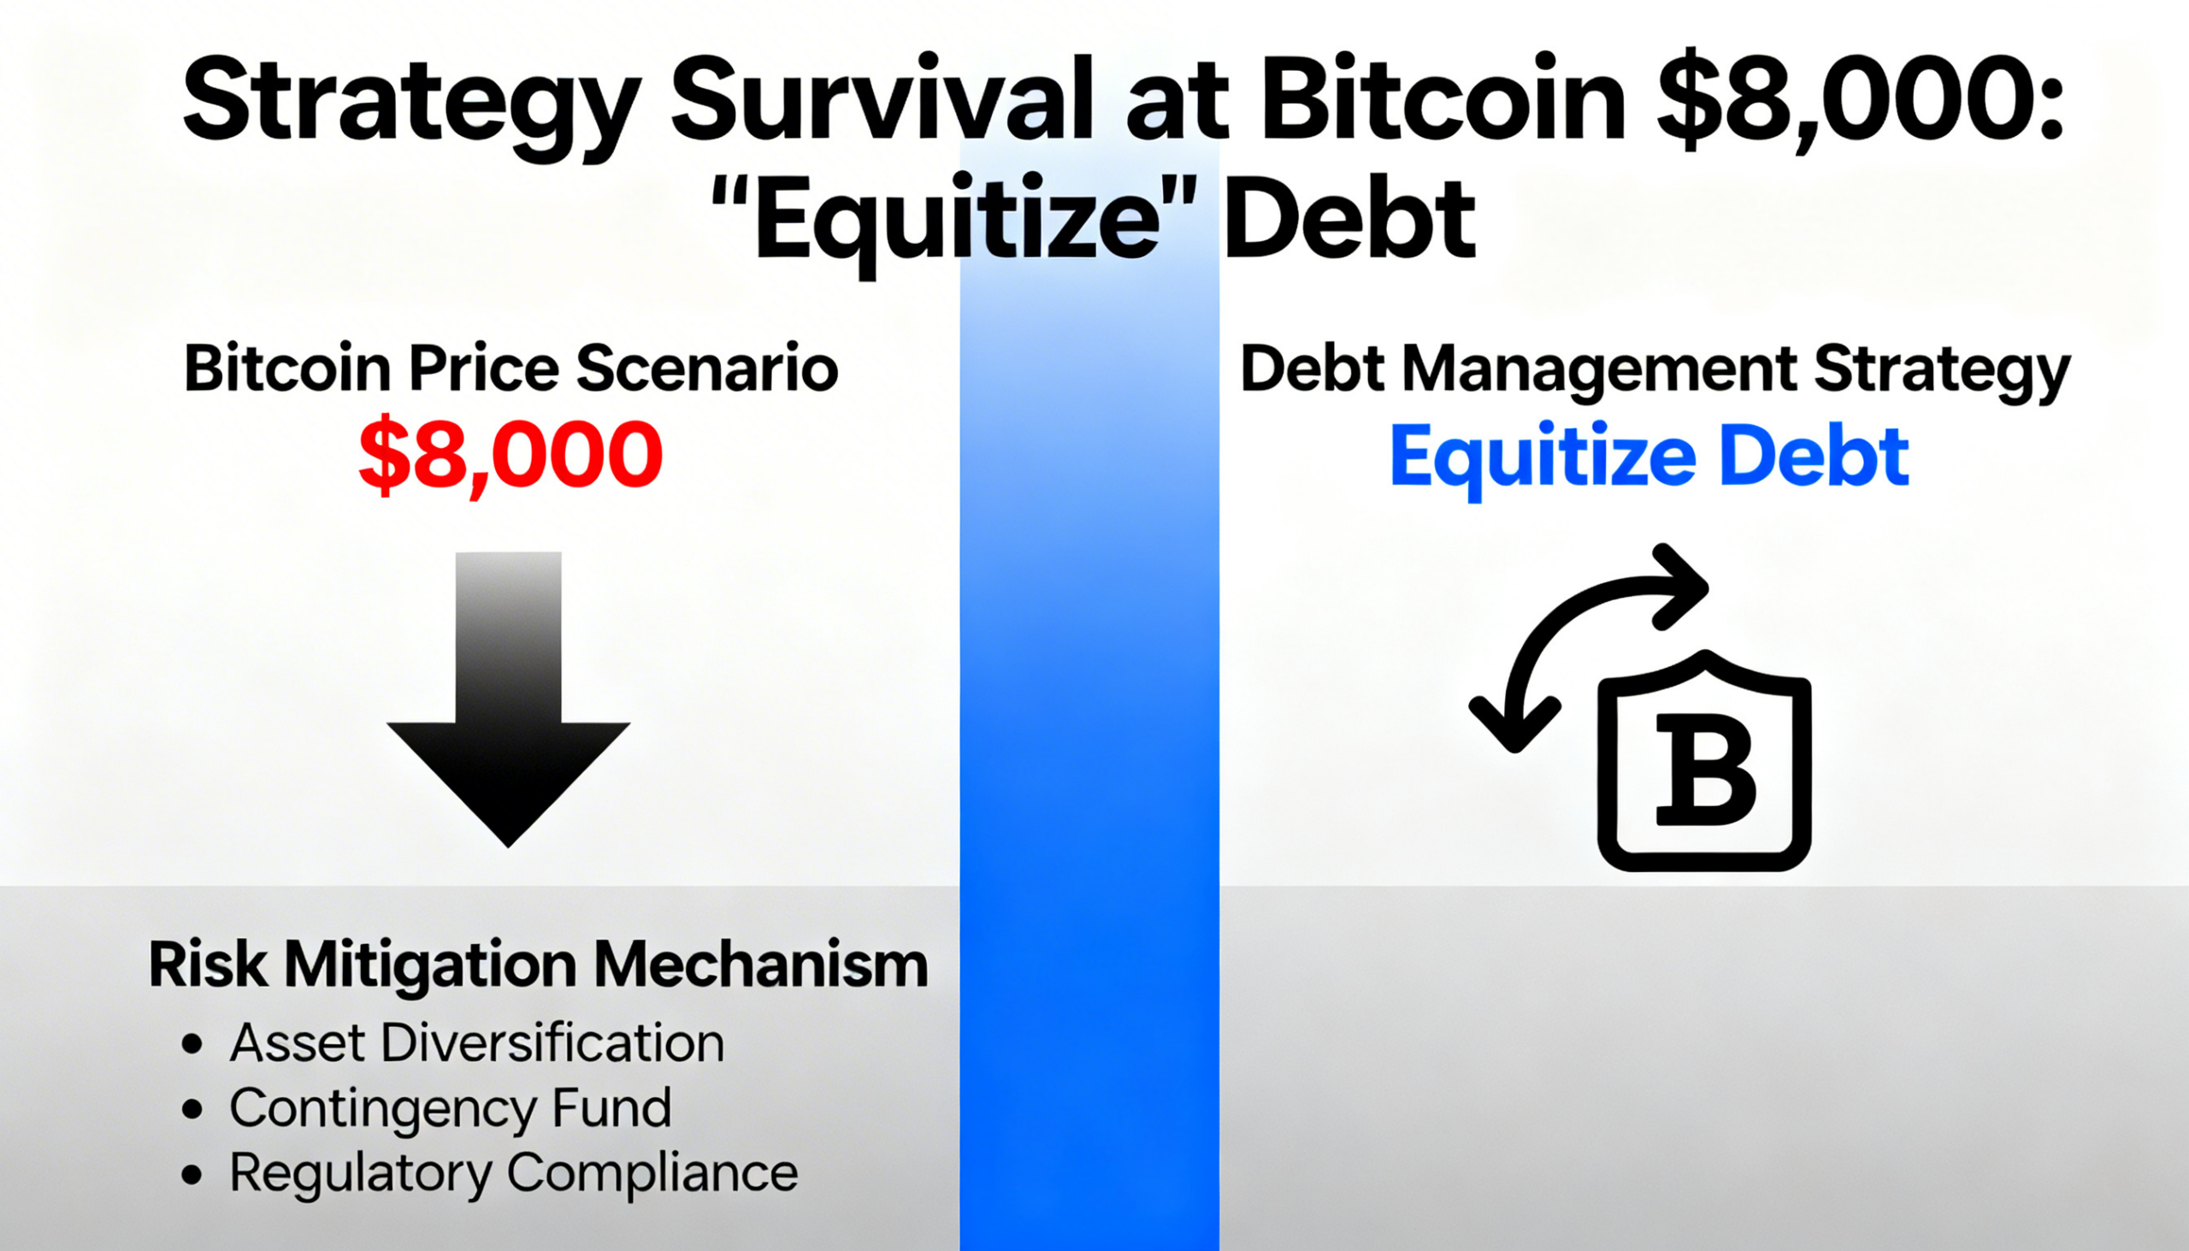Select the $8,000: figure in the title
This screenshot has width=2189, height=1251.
[x=1860, y=99]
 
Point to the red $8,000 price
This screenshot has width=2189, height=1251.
[x=511, y=455]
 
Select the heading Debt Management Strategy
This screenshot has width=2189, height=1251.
[x=1655, y=371]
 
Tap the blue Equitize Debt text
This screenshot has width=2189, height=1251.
[x=1649, y=457]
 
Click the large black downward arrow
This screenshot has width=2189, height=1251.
[x=509, y=699]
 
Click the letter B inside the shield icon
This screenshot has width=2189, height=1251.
[x=1705, y=770]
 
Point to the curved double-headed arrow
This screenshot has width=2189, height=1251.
[x=1581, y=637]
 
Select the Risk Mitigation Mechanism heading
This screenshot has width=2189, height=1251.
[x=539, y=965]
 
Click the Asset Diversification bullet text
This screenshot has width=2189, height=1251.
[x=477, y=1043]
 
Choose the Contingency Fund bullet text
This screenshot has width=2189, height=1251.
[x=450, y=1108]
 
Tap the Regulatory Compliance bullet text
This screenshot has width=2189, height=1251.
[x=514, y=1174]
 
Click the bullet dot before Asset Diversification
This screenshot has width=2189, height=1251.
[x=192, y=1045]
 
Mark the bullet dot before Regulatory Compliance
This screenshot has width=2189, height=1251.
[x=192, y=1175]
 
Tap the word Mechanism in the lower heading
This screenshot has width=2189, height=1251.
[x=761, y=964]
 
